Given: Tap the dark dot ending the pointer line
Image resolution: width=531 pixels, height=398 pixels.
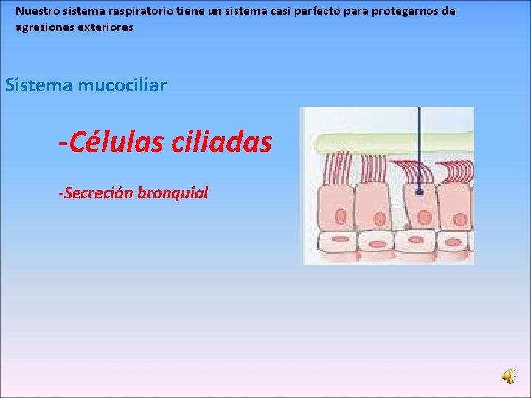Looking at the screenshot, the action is pyautogui.click(x=418, y=192).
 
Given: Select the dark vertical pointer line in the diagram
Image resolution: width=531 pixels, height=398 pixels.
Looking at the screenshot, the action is pyautogui.click(x=418, y=147).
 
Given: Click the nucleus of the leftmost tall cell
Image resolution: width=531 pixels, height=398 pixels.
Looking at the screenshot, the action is pyautogui.click(x=340, y=216).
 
